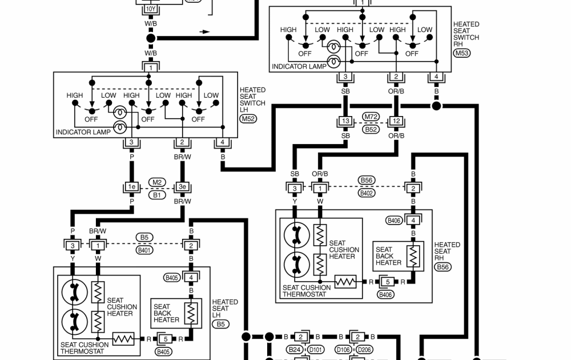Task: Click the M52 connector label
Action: [248, 118]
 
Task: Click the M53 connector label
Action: [461, 53]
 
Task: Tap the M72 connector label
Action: [371, 117]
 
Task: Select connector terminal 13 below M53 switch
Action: [345, 121]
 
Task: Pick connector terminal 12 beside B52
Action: [396, 121]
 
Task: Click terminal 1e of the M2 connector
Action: [132, 187]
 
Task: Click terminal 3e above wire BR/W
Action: [182, 187]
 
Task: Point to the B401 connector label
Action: [144, 250]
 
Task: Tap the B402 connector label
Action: [366, 193]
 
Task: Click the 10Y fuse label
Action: [151, 10]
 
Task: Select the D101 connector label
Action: [315, 349]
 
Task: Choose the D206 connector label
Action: [364, 349]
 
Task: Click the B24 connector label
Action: [295, 349]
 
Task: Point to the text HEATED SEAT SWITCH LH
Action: [252, 97]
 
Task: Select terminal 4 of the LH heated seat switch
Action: [223, 142]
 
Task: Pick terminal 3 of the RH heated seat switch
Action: [345, 77]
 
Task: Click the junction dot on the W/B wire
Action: [151, 38]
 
